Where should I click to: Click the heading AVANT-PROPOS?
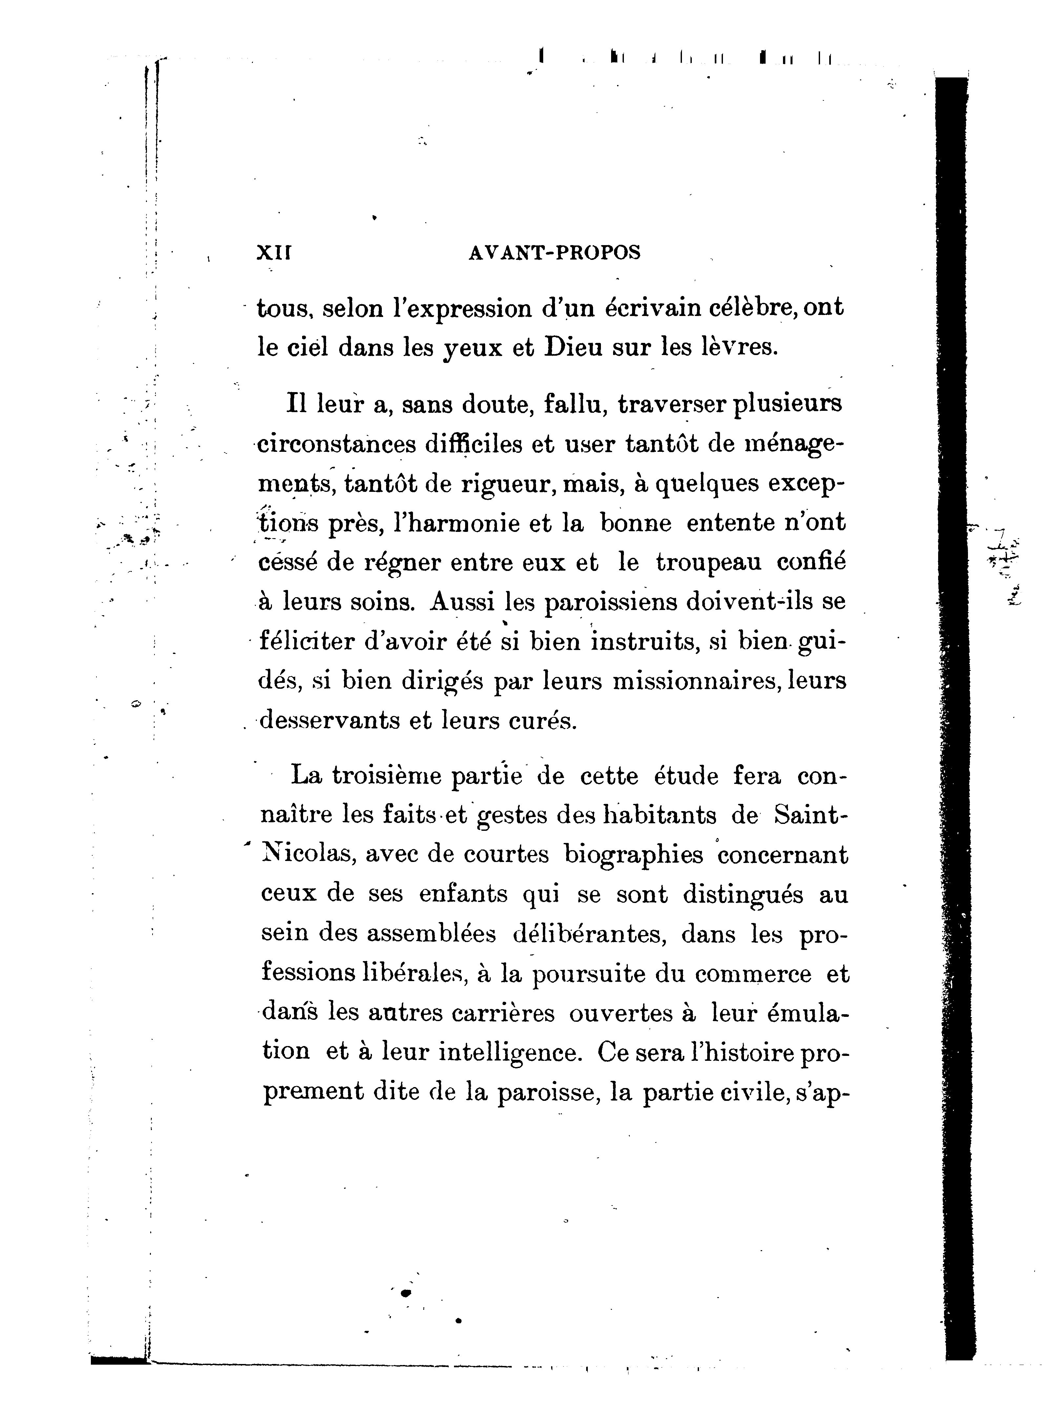[x=554, y=253]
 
